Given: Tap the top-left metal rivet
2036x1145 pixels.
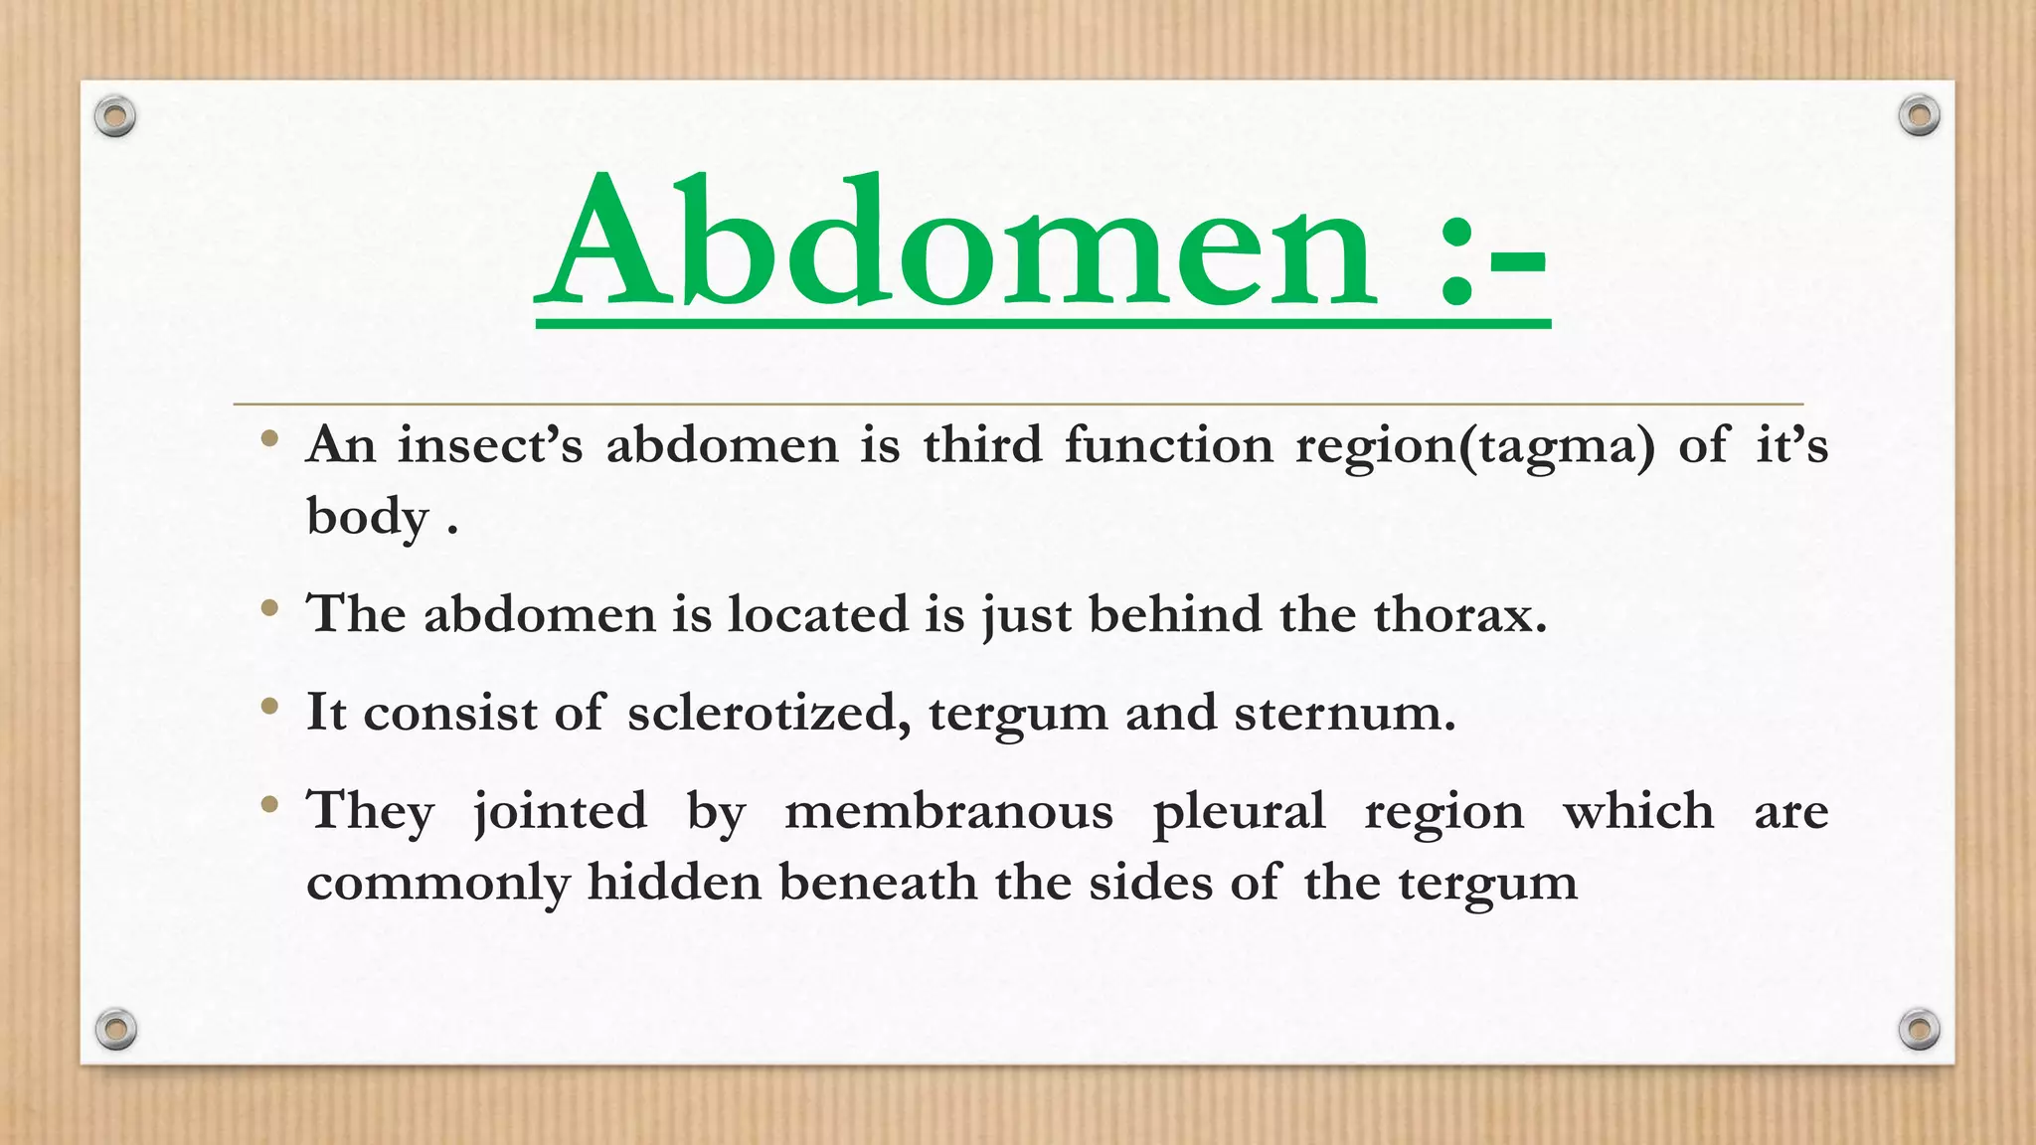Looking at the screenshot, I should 115,117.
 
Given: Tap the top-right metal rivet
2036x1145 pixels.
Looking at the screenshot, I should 1919,116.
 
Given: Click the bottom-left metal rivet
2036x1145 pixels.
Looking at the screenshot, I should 115,1029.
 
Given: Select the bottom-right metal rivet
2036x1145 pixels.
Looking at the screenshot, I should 1919,1029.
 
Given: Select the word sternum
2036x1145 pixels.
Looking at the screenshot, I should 1344,713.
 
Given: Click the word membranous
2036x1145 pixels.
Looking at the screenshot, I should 948,811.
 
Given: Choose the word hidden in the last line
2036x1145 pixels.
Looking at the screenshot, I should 674,882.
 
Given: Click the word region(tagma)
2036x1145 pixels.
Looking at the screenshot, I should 1475,444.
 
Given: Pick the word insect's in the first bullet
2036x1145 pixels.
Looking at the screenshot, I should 489,444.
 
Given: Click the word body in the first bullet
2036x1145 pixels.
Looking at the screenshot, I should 367,517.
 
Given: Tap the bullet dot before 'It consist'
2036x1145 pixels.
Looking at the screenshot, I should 268,708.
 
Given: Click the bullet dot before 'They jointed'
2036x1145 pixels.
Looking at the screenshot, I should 268,805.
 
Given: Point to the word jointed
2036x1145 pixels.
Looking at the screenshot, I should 560,811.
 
